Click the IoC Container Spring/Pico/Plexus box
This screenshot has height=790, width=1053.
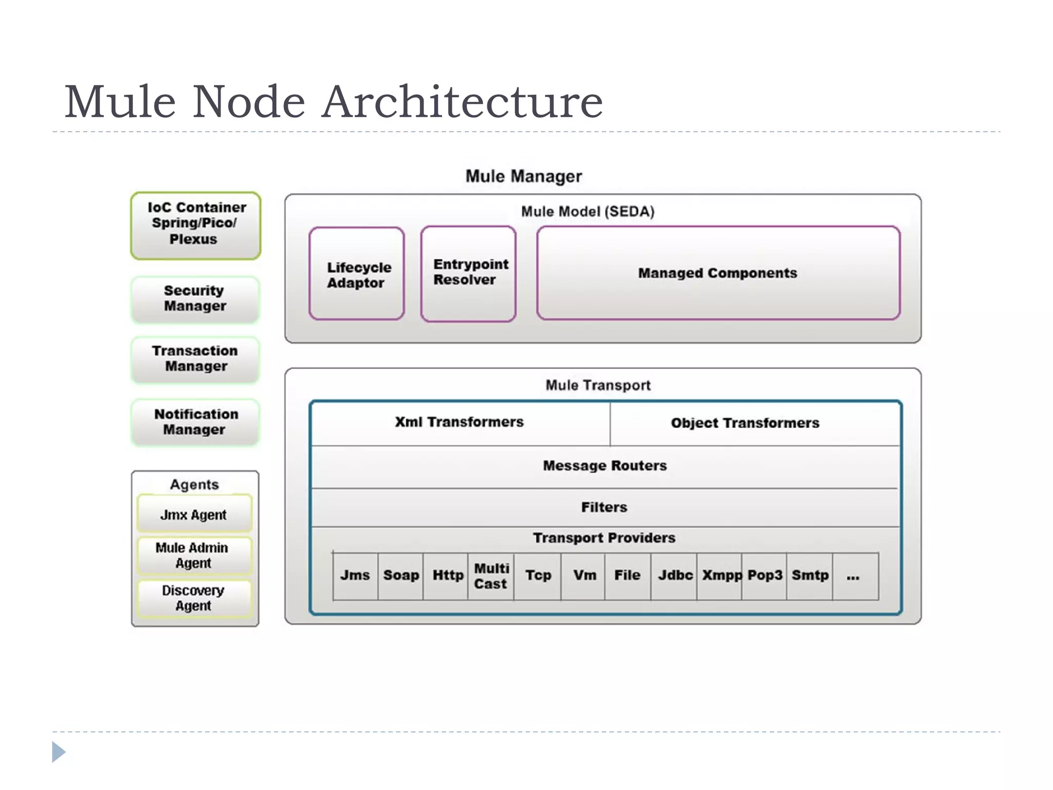(x=196, y=225)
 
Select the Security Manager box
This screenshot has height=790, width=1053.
(x=195, y=299)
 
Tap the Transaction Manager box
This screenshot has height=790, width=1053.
(x=195, y=359)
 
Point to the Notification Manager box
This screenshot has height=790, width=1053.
(x=195, y=422)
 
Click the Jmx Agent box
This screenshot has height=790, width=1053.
(x=194, y=514)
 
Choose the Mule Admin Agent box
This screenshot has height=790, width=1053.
(x=194, y=555)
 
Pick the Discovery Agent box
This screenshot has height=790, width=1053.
(x=194, y=598)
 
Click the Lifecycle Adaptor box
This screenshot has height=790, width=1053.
(x=357, y=274)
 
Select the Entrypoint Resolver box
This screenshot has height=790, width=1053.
(x=468, y=273)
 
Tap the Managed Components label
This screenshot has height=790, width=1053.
(x=718, y=273)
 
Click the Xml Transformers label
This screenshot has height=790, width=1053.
(x=459, y=422)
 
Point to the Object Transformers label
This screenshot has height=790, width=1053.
(x=745, y=423)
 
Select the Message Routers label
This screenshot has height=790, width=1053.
(x=605, y=466)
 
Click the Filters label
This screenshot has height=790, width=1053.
(x=604, y=508)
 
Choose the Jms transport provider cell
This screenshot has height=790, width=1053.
(x=355, y=576)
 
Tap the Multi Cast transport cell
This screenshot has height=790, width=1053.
(x=491, y=576)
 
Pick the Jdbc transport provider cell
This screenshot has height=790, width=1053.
(x=675, y=576)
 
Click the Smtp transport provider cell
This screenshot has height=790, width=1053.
(x=810, y=576)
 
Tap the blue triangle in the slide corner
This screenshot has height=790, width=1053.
(x=58, y=752)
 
